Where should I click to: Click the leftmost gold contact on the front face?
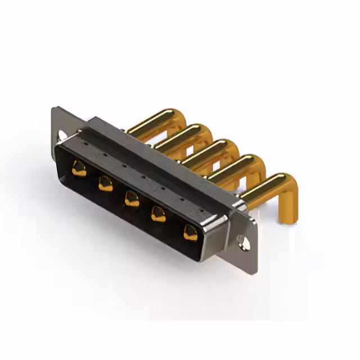79,168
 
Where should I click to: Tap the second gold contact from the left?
105,183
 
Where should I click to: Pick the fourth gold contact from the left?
159,214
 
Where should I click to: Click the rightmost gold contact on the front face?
191,233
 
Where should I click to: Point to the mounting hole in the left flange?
61,136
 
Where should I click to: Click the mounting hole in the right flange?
243,244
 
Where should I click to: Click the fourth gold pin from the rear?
236,165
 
